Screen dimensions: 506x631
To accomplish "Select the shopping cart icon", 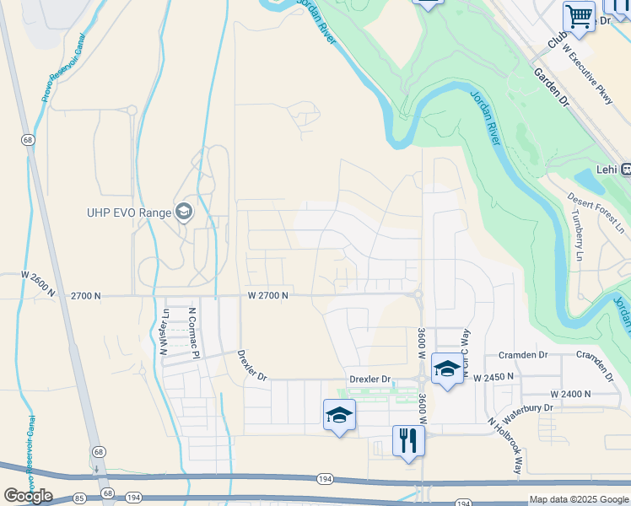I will click(x=579, y=16).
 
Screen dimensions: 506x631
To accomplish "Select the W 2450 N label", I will click(x=494, y=378).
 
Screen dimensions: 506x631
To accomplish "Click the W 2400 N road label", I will click(x=571, y=394).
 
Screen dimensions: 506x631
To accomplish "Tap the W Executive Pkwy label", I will click(x=588, y=74).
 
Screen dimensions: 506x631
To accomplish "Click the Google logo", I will click(x=29, y=495).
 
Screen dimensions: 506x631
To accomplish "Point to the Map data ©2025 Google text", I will click(x=578, y=499).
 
